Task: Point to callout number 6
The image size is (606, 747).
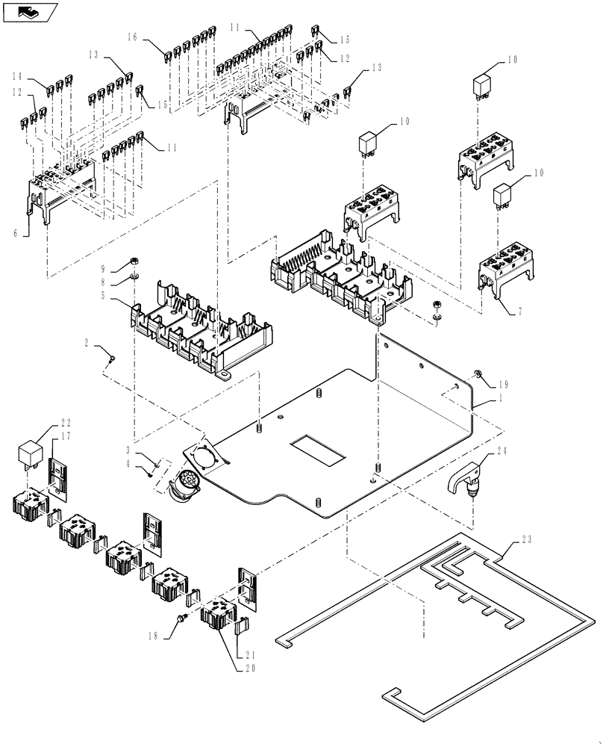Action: click(14, 233)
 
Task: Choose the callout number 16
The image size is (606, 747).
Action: click(131, 37)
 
